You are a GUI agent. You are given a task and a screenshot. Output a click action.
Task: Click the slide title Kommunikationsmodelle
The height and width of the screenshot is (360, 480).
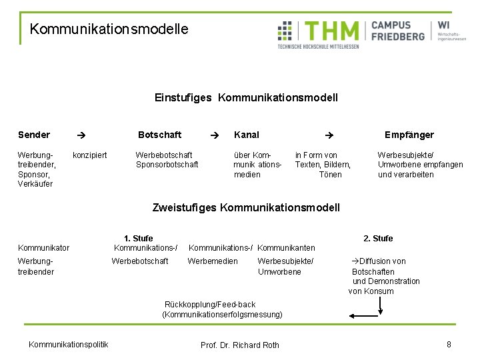click(x=109, y=29)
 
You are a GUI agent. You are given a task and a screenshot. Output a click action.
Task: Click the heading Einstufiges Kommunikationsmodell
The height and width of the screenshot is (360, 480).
click(x=246, y=98)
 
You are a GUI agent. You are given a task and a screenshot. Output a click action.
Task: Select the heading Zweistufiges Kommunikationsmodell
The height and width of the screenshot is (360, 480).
click(x=246, y=207)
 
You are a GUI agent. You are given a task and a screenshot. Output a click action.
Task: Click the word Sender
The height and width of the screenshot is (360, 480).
click(x=34, y=135)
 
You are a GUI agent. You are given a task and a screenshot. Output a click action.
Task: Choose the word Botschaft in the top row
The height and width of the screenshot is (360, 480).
click(x=159, y=135)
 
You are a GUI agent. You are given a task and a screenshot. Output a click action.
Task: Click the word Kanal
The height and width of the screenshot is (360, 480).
click(x=247, y=135)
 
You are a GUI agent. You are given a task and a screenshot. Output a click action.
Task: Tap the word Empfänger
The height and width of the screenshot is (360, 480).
click(x=409, y=135)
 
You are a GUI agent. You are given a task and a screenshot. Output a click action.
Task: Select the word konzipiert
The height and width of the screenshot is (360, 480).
click(x=89, y=155)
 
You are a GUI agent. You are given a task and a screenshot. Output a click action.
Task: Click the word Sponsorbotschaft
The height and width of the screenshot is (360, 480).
click(x=167, y=165)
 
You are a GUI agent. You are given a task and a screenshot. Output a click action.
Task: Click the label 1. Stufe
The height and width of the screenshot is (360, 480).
click(x=138, y=238)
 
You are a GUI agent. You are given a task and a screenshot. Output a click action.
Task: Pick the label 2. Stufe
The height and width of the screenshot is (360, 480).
click(x=378, y=238)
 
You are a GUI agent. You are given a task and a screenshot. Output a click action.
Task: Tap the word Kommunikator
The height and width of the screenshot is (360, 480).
click(x=43, y=248)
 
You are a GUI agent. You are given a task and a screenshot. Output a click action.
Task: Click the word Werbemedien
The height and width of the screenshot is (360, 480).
click(x=213, y=261)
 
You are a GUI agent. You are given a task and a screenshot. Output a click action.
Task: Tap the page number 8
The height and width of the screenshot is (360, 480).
click(x=449, y=344)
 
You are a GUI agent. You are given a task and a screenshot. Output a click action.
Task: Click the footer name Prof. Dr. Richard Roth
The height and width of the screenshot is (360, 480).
click(x=240, y=345)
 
